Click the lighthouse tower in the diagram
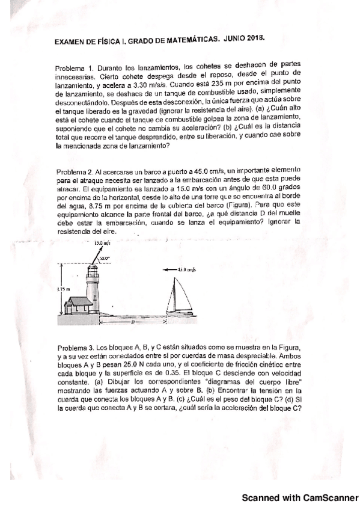click(x=93, y=287)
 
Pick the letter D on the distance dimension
click(x=132, y=322)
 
